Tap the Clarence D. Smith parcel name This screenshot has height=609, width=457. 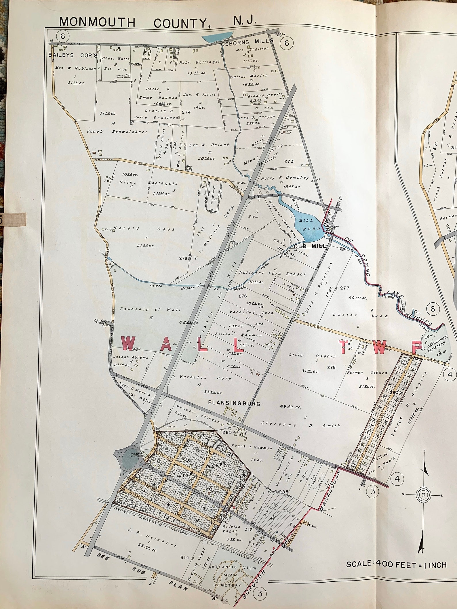(300, 425)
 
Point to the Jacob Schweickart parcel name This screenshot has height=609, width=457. (117, 132)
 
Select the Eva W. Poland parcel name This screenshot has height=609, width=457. (209, 145)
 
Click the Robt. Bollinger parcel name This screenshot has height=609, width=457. (199, 62)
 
